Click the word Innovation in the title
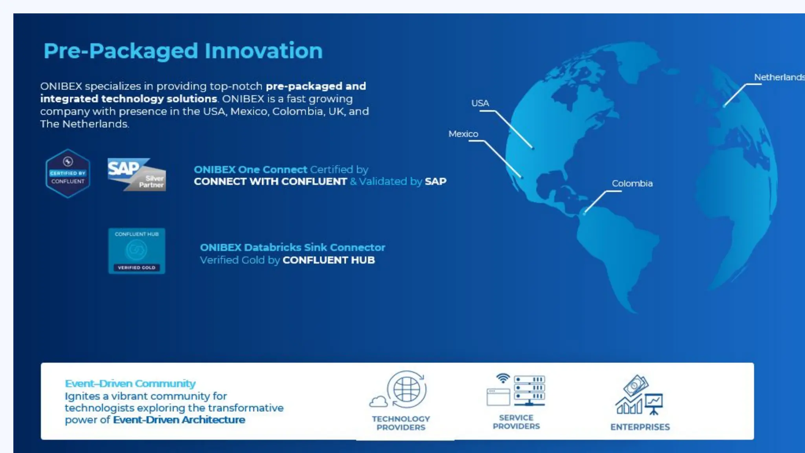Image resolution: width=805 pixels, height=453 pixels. pyautogui.click(x=263, y=51)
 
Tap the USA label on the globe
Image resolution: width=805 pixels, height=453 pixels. pyautogui.click(x=480, y=103)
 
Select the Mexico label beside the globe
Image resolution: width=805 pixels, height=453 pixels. pyautogui.click(x=463, y=134)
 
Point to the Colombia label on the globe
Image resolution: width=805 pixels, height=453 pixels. pyautogui.click(x=632, y=184)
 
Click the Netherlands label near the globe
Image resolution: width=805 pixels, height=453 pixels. pyautogui.click(x=779, y=77)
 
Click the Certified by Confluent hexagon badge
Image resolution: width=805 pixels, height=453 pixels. pyautogui.click(x=68, y=173)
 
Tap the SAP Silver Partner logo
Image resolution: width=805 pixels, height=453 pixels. pyautogui.click(x=136, y=175)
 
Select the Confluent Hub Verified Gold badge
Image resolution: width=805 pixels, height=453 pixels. pyautogui.click(x=136, y=251)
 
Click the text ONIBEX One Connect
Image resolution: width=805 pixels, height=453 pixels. pyautogui.click(x=250, y=169)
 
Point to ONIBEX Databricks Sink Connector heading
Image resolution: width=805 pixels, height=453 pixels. pyautogui.click(x=292, y=247)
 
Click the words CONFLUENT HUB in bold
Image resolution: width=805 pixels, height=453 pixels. pyautogui.click(x=329, y=260)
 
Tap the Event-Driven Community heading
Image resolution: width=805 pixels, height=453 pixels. pyautogui.click(x=130, y=383)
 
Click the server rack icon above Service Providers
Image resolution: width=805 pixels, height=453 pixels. pyautogui.click(x=529, y=390)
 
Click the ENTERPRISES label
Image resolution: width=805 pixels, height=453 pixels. pyautogui.click(x=640, y=427)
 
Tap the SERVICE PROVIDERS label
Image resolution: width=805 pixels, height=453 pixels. pyautogui.click(x=516, y=422)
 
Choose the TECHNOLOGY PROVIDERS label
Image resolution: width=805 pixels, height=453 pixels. pyautogui.click(x=401, y=423)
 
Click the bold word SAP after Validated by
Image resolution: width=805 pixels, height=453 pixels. pyautogui.click(x=436, y=182)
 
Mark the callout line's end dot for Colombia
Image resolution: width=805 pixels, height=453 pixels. pyautogui.click(x=584, y=214)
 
